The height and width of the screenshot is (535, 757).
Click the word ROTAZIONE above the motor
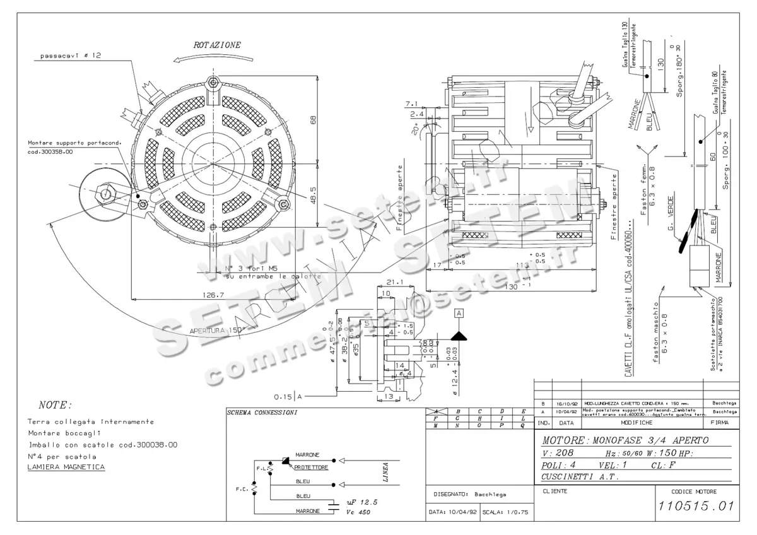click(x=216, y=45)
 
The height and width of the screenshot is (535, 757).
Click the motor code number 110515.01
click(x=696, y=506)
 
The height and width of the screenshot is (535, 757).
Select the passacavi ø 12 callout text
click(x=71, y=56)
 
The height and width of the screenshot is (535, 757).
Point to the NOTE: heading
click(x=56, y=405)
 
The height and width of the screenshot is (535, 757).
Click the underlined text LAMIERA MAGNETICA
click(x=66, y=467)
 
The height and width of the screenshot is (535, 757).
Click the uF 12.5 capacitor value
click(x=361, y=502)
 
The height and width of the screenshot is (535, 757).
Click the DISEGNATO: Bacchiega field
click(x=470, y=494)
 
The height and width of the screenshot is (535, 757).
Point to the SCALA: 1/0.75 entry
click(x=504, y=512)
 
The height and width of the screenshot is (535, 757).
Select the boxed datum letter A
click(x=459, y=313)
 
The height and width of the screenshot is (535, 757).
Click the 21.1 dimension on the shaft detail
click(x=394, y=283)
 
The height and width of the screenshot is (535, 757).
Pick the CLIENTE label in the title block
click(x=555, y=491)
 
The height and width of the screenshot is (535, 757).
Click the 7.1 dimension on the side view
click(x=412, y=103)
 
